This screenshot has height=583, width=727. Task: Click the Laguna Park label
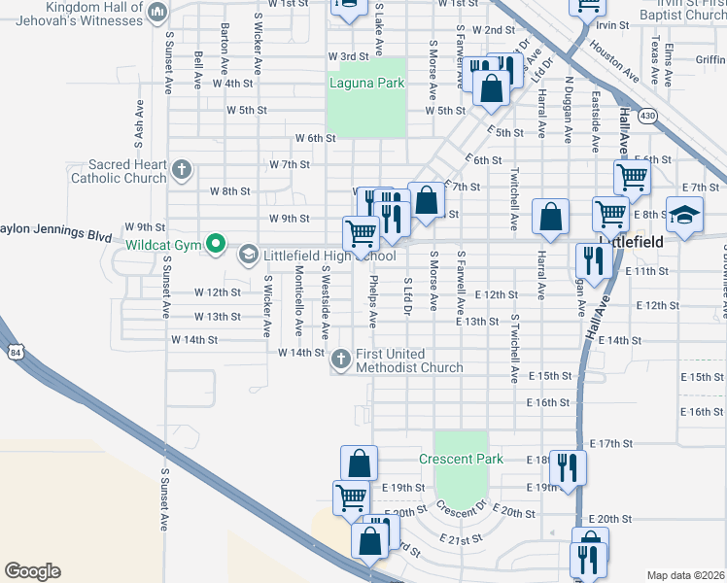tap(366, 84)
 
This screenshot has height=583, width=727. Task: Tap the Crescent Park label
tap(459, 459)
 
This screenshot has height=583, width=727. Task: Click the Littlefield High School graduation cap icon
tap(247, 256)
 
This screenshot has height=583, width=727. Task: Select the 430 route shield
tap(645, 117)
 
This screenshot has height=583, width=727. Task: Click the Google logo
tap(32, 571)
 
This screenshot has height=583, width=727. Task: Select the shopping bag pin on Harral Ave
tap(551, 219)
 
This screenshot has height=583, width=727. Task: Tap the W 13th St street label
tap(217, 317)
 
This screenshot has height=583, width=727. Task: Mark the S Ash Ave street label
tap(140, 120)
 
